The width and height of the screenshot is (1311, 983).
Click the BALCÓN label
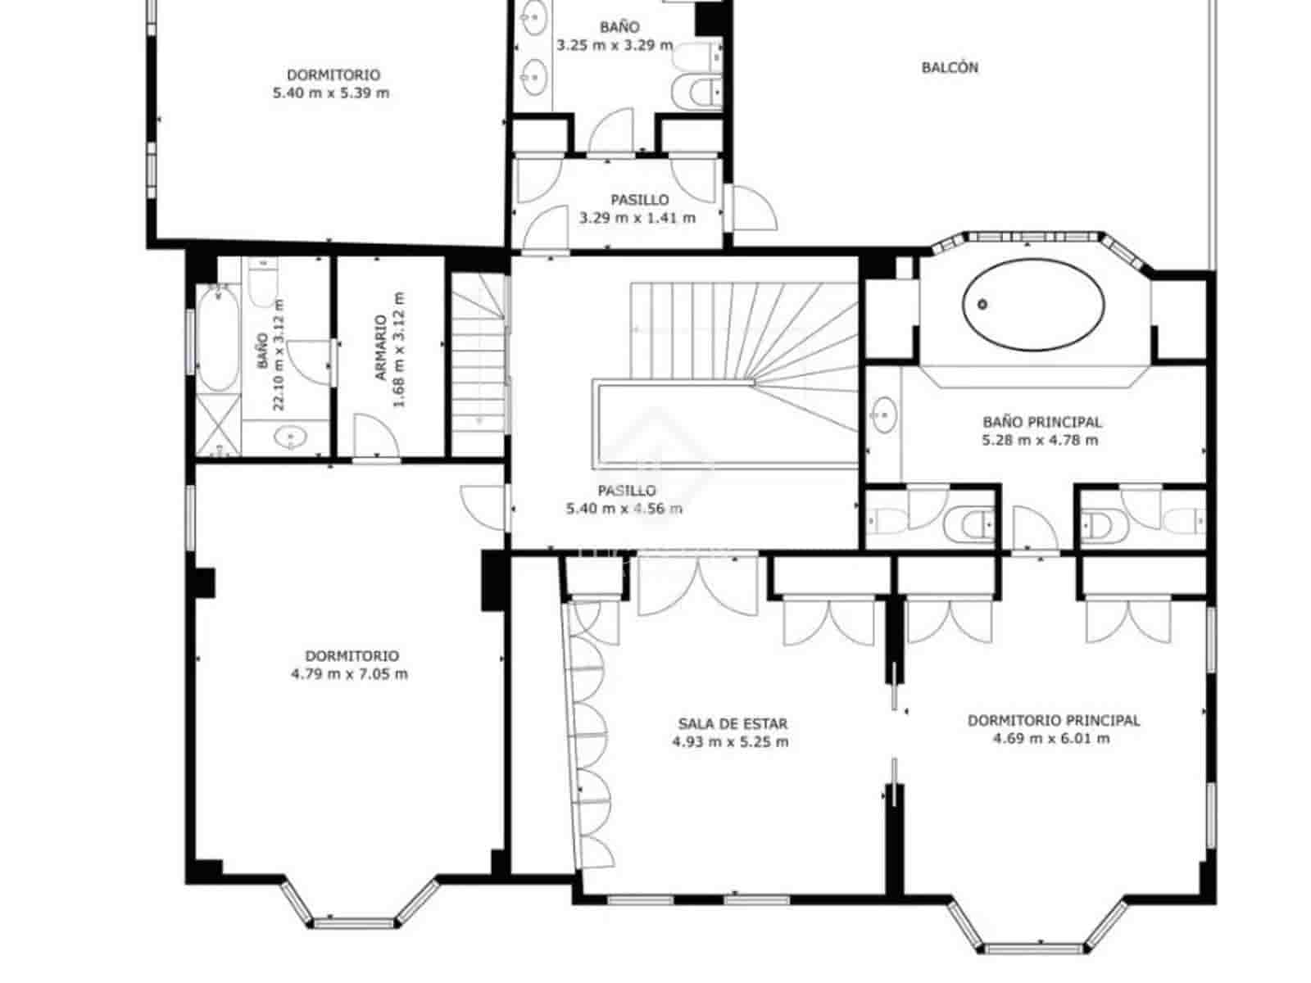point(950,68)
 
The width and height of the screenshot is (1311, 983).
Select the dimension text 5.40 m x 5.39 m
point(331,93)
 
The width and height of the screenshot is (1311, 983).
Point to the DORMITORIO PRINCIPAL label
point(1054,721)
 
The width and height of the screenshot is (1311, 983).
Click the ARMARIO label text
point(381,348)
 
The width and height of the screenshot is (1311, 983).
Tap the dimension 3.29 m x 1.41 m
point(637,218)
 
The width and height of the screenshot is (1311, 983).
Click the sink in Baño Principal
point(883,414)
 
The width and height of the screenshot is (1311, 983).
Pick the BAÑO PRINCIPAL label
point(1042,422)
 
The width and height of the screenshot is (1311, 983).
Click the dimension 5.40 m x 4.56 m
point(624,509)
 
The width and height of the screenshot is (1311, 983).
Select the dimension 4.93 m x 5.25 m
point(730,742)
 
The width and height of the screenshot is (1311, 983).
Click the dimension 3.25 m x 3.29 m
point(615,46)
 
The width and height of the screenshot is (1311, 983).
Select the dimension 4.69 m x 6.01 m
point(1052,739)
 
